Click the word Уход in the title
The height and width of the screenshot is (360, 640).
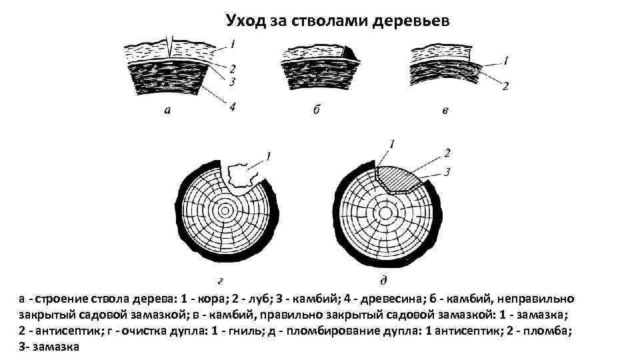coord(246,21)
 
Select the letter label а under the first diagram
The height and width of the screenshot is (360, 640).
coord(167,110)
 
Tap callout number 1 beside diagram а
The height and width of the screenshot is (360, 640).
coord(232,45)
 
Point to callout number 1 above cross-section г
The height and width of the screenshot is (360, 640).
coord(268,157)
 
